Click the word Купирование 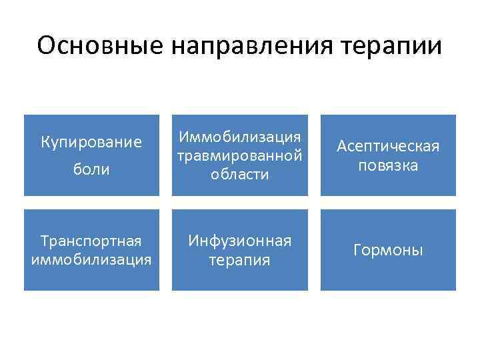(91, 142)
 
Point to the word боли (91, 170)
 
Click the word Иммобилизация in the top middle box (240, 137)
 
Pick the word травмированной (240, 155)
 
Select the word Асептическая (388, 146)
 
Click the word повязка (388, 165)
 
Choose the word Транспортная (91, 241)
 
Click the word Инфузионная (240, 241)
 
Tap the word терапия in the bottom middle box (240, 259)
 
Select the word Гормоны (388, 251)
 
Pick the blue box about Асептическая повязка (388, 183)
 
